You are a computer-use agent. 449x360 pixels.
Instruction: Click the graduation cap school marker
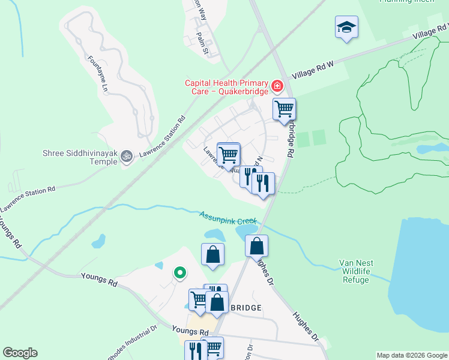point(346,27)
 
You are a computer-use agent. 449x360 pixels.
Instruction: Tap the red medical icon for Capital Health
point(277,86)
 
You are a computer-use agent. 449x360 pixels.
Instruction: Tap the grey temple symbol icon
point(126,157)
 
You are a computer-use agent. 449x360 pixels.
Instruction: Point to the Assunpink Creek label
point(228,217)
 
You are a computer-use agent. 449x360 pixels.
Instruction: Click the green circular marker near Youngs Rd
point(179,273)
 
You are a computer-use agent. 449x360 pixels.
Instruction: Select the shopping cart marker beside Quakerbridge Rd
point(284,109)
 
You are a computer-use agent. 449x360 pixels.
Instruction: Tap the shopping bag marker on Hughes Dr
point(256,246)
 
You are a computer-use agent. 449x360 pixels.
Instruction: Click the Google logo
point(20,353)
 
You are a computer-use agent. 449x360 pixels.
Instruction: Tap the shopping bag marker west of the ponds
point(212,254)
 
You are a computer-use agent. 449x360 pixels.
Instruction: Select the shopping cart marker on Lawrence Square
point(228,154)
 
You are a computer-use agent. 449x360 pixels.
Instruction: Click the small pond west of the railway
point(98,241)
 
